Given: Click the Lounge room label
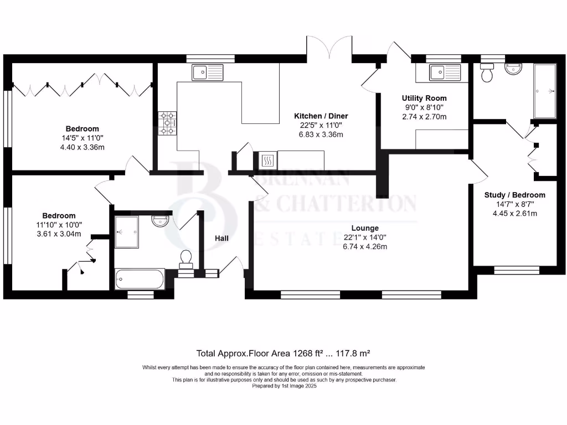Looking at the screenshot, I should coord(364,228).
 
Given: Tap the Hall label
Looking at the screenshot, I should coord(222,238).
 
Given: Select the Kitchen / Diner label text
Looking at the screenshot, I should coord(321,116).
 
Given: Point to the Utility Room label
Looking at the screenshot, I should coord(424,98).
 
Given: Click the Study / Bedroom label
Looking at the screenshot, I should coord(514,195).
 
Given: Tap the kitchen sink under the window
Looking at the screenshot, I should coord(207,72).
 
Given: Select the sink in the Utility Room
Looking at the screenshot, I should coord(445,72).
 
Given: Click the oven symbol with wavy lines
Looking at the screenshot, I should coord(266,160).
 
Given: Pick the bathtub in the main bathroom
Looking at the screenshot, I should coord(140,278).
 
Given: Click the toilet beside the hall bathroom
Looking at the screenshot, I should coord(186,258).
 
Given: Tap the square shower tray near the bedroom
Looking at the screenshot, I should coord(127,232).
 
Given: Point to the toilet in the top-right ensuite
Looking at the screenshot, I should coord(488,74).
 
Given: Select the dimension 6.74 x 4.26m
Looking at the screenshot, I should coord(364,246).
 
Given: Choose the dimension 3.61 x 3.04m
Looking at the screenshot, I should coord(59,234).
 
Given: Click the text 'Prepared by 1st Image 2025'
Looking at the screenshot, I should coord(283,386).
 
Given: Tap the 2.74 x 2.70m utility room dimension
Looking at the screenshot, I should coord(424,116).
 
